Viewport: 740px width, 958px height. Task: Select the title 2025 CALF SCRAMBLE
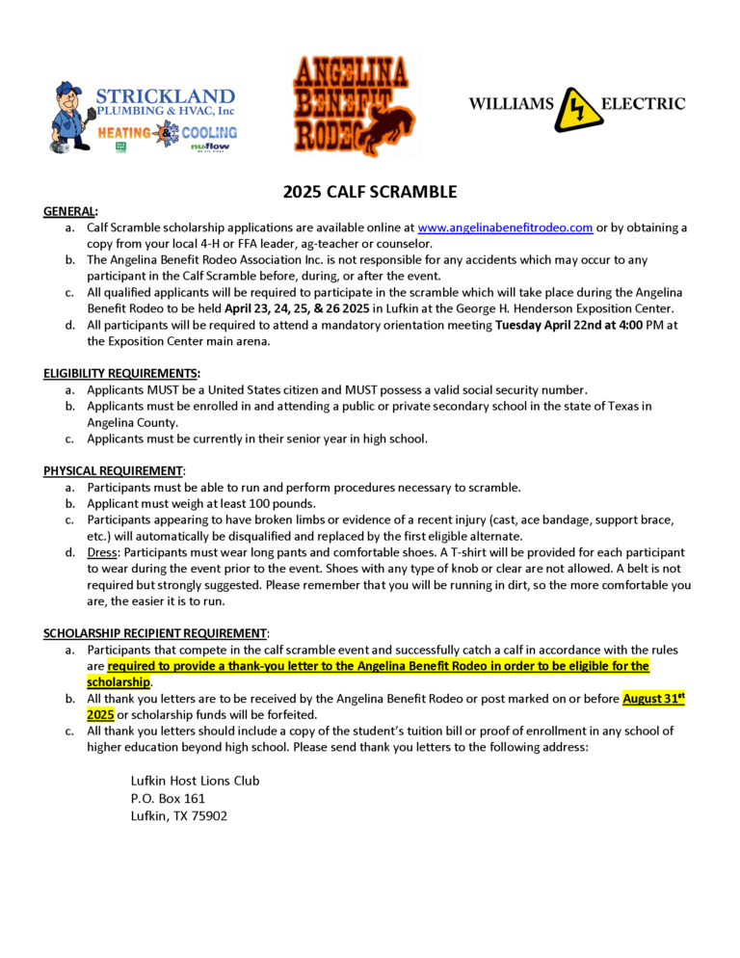pos(370,192)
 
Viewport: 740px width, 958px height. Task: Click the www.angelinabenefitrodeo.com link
pos(505,228)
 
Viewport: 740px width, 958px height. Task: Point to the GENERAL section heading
pos(70,212)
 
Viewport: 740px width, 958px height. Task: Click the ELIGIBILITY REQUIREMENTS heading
pos(121,373)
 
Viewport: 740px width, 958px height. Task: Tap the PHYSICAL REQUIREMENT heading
pos(113,470)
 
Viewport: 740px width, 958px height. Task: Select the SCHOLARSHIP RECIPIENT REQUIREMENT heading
pos(155,633)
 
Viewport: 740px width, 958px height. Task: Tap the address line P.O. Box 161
pos(168,798)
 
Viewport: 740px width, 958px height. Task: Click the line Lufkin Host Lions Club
pos(195,781)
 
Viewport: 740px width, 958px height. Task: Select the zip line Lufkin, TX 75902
pos(179,816)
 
